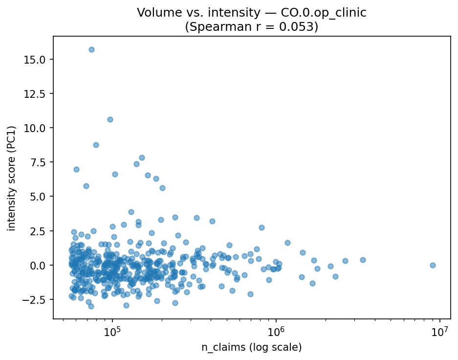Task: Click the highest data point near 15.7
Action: [91, 49]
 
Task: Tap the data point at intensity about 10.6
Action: [110, 119]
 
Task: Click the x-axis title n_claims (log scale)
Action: [252, 347]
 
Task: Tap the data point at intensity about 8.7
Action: [96, 145]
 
